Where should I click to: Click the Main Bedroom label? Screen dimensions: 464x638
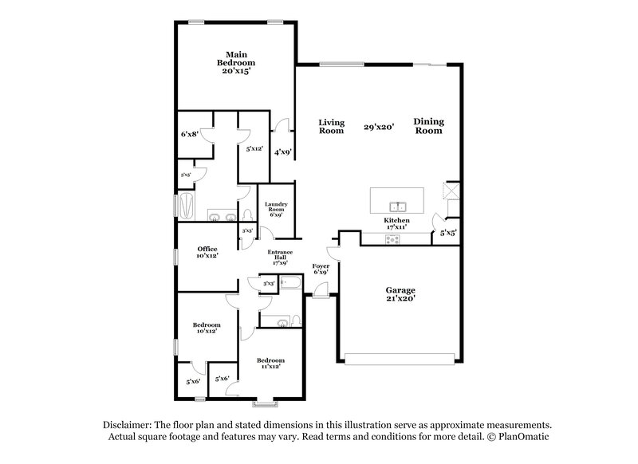(x=236, y=62)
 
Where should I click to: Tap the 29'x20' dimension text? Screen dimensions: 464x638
(x=379, y=127)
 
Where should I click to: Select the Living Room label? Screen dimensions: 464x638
(x=332, y=127)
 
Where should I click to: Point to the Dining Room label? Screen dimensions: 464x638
(x=428, y=126)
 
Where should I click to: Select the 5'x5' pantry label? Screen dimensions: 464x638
(x=448, y=234)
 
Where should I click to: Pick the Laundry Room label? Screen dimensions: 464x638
(x=276, y=209)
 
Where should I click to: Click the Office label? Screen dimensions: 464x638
(x=207, y=253)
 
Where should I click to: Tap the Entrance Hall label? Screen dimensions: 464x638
(x=280, y=257)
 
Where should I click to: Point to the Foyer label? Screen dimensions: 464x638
(x=321, y=269)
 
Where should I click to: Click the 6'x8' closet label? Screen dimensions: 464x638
(x=189, y=135)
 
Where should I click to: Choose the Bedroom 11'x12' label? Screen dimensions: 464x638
(x=270, y=364)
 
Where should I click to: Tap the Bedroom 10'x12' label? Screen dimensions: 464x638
(x=207, y=329)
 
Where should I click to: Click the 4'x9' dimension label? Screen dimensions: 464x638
(x=282, y=151)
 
